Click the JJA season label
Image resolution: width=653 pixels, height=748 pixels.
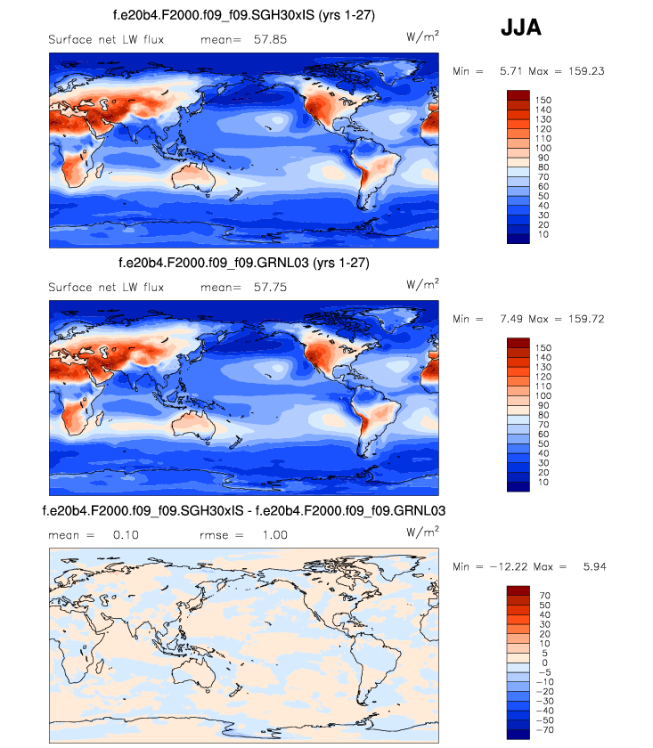point(520,29)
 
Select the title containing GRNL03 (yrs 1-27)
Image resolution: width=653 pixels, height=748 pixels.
point(243,264)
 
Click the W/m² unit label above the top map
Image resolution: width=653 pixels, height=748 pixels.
point(421,37)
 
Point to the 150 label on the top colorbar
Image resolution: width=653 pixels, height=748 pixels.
point(543,98)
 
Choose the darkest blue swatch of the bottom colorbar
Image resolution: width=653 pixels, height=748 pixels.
point(518,735)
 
